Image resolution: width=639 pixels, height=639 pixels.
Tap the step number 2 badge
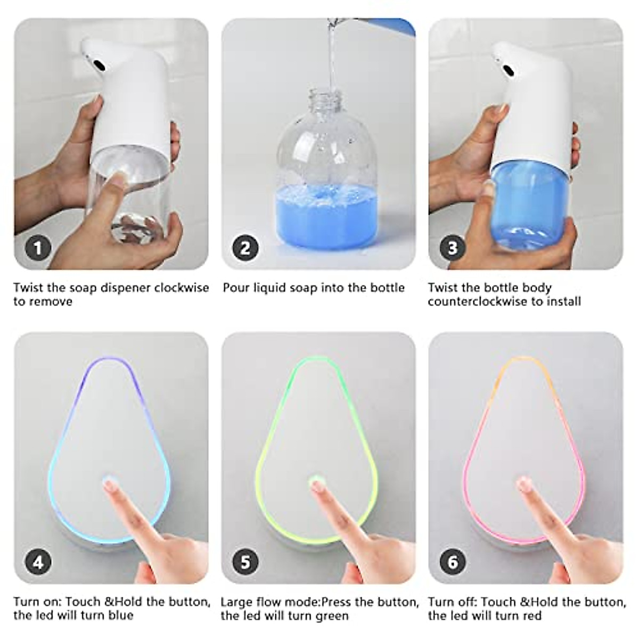pyautogui.click(x=245, y=248)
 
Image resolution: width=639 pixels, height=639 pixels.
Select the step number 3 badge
pyautogui.click(x=452, y=248)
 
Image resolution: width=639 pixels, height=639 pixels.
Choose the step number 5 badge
pyautogui.click(x=245, y=561)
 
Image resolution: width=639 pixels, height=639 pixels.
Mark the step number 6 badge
pyautogui.click(x=452, y=561)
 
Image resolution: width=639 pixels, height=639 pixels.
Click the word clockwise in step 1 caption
pyautogui.click(x=182, y=288)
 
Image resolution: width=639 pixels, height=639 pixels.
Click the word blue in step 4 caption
pyautogui.click(x=120, y=616)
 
